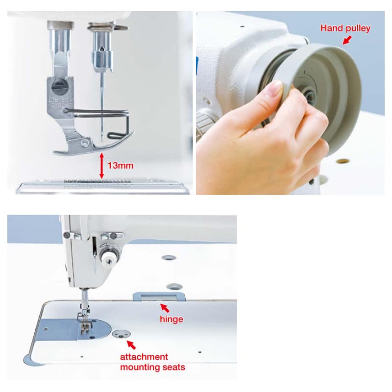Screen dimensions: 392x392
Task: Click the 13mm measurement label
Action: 120,166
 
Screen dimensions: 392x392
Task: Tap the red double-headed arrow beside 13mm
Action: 101,166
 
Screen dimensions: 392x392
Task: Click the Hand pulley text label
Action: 345,28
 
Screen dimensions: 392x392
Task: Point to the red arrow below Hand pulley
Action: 347,40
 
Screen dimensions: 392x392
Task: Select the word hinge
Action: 171,319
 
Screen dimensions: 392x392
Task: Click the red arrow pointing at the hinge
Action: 165,308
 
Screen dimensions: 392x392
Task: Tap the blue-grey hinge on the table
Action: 159,296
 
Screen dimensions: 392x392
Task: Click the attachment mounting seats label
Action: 152,362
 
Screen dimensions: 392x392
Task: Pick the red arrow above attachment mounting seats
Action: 131,345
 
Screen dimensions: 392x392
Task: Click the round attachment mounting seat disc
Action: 121,334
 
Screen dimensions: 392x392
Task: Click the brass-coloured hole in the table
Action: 343,161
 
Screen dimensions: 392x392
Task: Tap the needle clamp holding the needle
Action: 102,54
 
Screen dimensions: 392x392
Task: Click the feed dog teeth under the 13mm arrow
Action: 98,181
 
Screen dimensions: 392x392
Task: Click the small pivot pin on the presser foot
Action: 85,144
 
